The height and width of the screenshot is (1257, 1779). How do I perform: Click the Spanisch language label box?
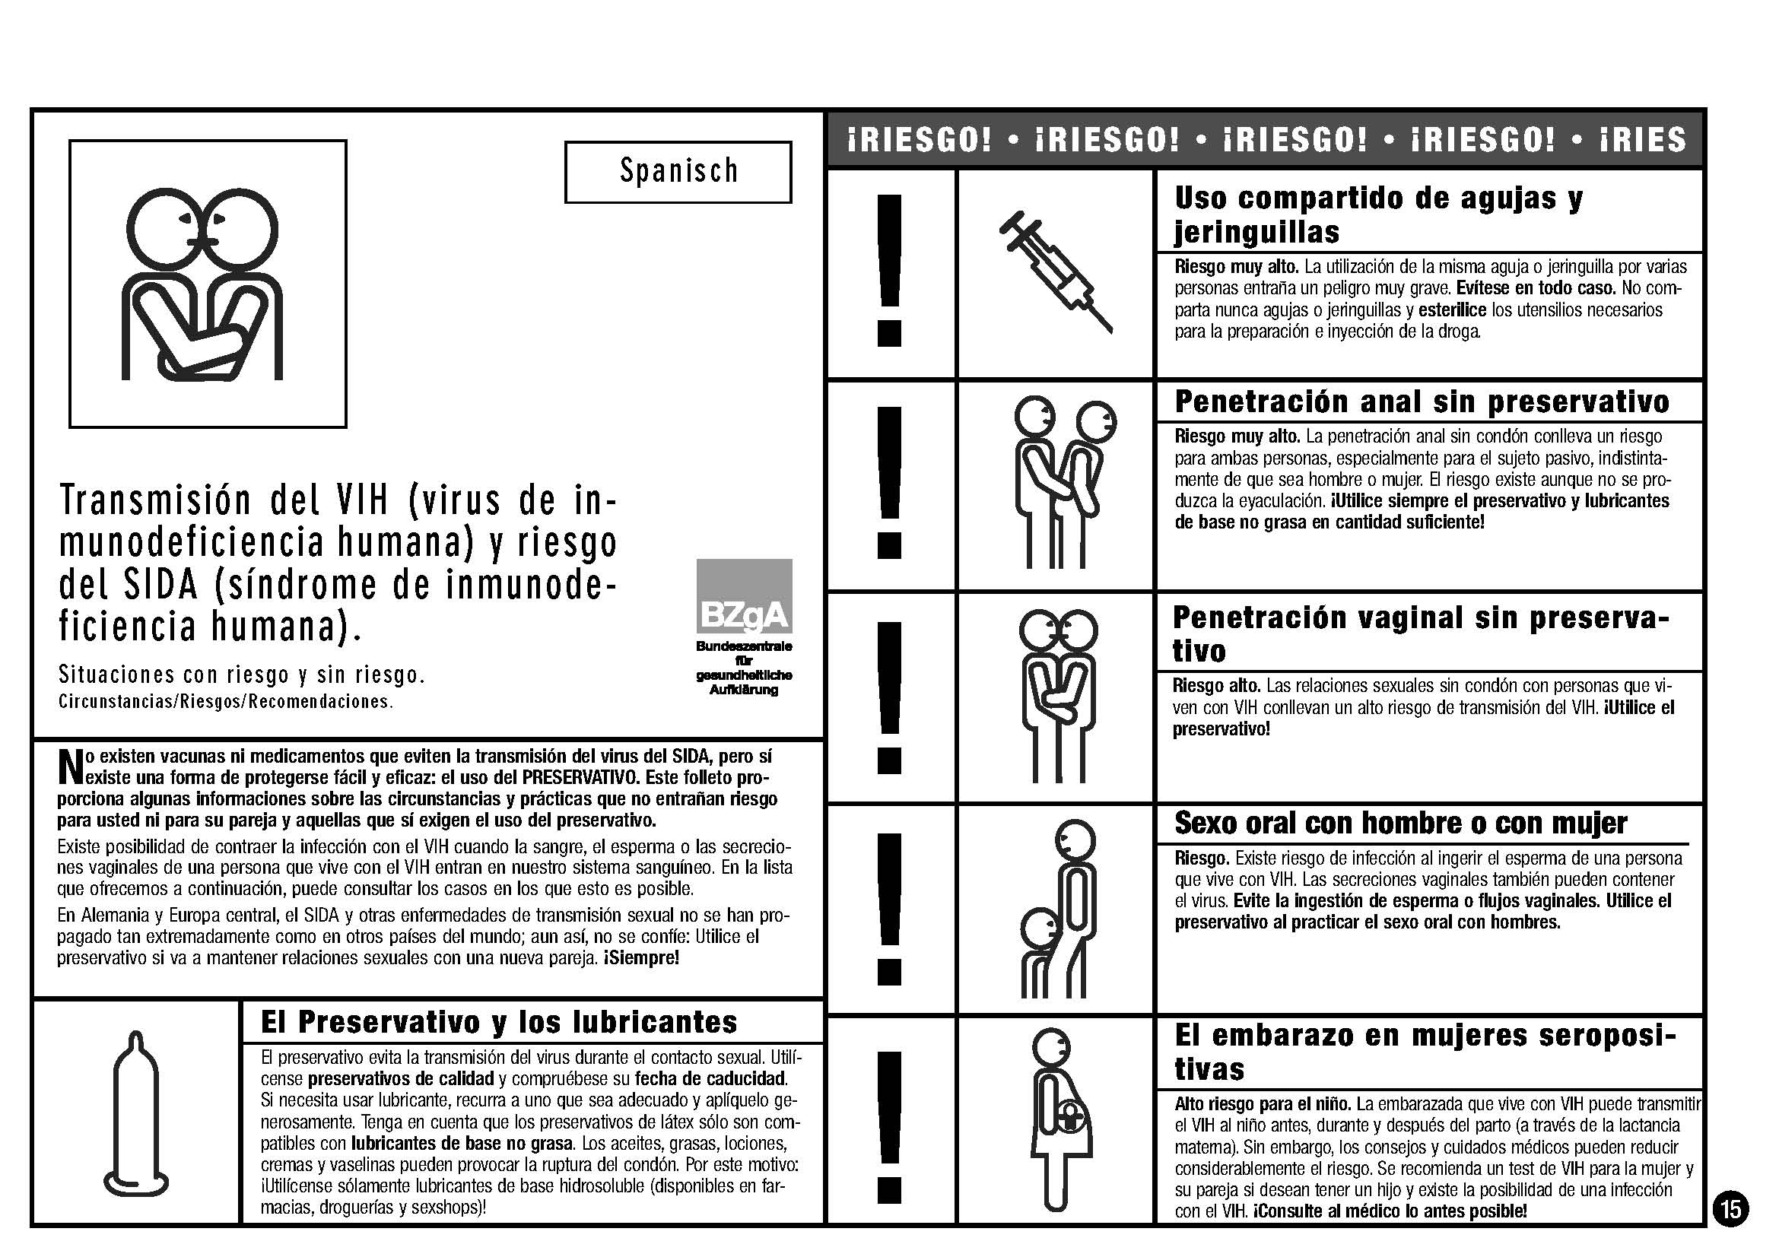(x=678, y=172)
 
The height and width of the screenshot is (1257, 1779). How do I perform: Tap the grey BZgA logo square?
(x=744, y=595)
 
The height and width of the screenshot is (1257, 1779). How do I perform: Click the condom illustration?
(x=136, y=1116)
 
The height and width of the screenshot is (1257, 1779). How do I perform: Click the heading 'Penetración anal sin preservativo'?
(x=1422, y=402)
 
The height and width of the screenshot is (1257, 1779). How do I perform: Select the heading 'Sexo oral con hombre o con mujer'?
(x=1400, y=824)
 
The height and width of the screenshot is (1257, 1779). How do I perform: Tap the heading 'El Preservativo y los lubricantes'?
(x=499, y=1022)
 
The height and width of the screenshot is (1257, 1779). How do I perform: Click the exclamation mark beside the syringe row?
(x=890, y=271)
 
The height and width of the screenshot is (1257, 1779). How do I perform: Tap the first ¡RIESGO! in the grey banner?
(x=920, y=140)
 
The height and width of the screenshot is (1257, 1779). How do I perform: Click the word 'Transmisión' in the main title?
(x=155, y=500)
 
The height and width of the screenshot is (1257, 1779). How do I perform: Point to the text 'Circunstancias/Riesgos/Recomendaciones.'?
(x=225, y=702)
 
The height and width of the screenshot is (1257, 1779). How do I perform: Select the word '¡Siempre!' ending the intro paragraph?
(x=642, y=958)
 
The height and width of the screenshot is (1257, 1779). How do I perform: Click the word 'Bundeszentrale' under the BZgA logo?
(x=744, y=646)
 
